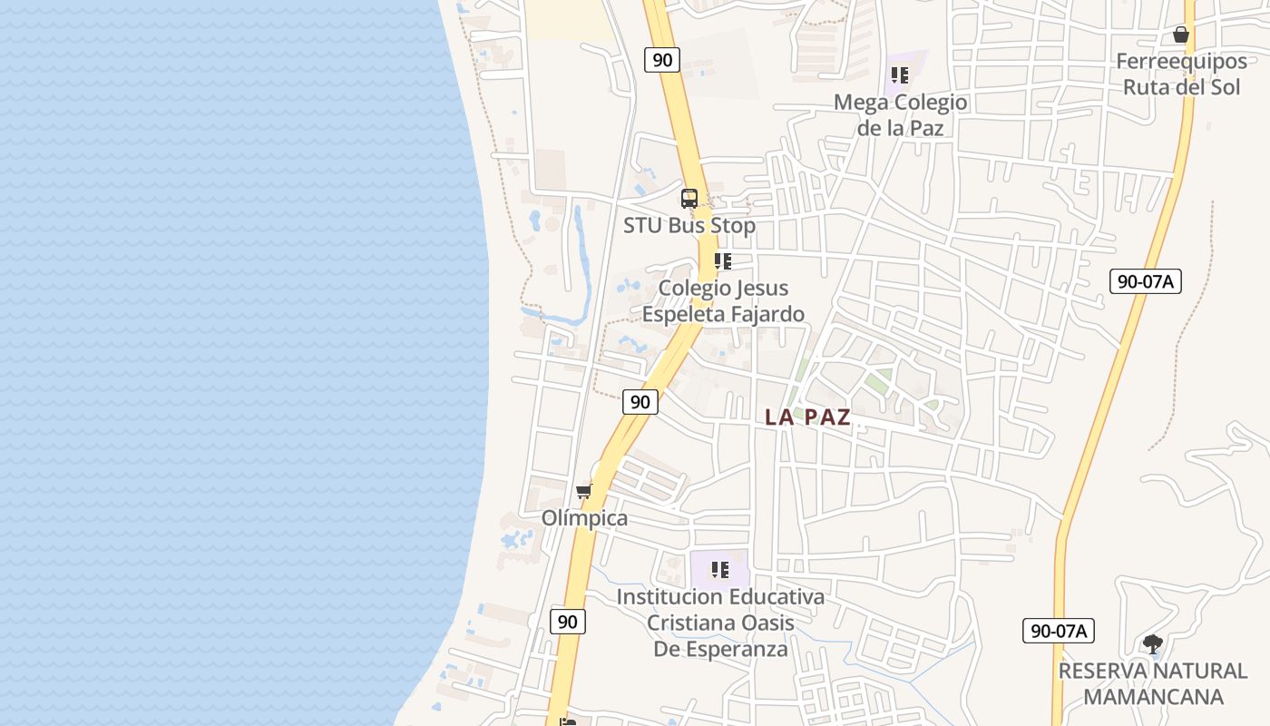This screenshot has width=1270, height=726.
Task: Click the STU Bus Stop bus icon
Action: pyautogui.click(x=689, y=198)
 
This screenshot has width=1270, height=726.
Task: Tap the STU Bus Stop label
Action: pyautogui.click(x=689, y=225)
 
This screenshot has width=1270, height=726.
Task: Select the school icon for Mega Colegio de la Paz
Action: pyautogui.click(x=899, y=75)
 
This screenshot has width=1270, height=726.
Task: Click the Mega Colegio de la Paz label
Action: pyautogui.click(x=901, y=115)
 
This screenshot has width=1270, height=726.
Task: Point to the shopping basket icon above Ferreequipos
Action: pyautogui.click(x=1180, y=34)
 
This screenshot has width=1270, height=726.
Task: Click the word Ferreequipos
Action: pyautogui.click(x=1181, y=62)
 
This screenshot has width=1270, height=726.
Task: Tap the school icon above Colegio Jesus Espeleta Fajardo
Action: pyautogui.click(x=722, y=261)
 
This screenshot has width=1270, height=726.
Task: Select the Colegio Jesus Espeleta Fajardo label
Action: pyautogui.click(x=723, y=301)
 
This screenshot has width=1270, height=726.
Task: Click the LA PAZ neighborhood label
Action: pyautogui.click(x=807, y=417)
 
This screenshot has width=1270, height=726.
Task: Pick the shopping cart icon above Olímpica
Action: pyautogui.click(x=583, y=491)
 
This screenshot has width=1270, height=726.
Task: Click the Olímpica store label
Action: pyautogui.click(x=584, y=518)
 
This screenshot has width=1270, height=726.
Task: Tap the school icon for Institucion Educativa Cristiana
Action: pyautogui.click(x=720, y=570)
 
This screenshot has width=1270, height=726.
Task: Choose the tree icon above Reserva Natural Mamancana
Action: pyautogui.click(x=1152, y=644)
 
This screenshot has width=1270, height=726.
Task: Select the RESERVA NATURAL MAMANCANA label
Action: pyautogui.click(x=1153, y=684)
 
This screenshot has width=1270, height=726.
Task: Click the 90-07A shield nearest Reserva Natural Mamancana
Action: pyautogui.click(x=1059, y=631)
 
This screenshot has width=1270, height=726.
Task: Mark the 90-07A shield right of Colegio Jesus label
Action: pyautogui.click(x=1145, y=281)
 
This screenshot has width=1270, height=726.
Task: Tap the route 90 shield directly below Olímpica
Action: pyautogui.click(x=567, y=622)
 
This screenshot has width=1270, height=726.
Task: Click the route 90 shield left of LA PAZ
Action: pyautogui.click(x=640, y=402)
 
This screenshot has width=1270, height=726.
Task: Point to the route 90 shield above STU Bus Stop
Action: pyautogui.click(x=662, y=60)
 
